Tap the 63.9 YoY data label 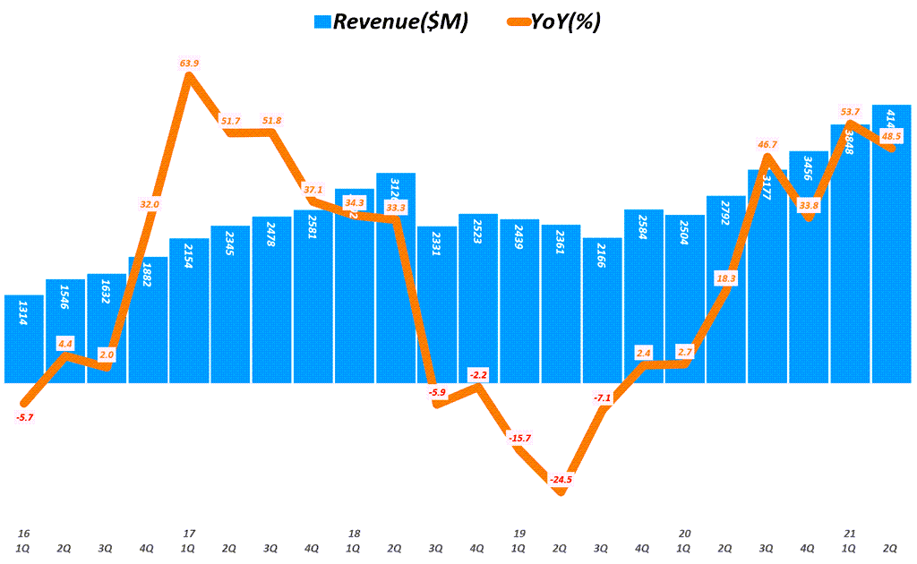tap(189, 63)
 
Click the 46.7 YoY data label tap(767, 143)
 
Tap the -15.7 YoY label tap(518, 437)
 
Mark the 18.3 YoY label tap(725, 278)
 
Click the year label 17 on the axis tap(189, 534)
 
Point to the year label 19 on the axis tap(518, 534)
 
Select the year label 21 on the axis tap(849, 534)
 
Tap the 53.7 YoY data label tap(849, 111)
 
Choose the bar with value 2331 tap(437, 304)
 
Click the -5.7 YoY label tap(25, 417)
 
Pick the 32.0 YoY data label tap(149, 204)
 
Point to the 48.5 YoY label tap(891, 136)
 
